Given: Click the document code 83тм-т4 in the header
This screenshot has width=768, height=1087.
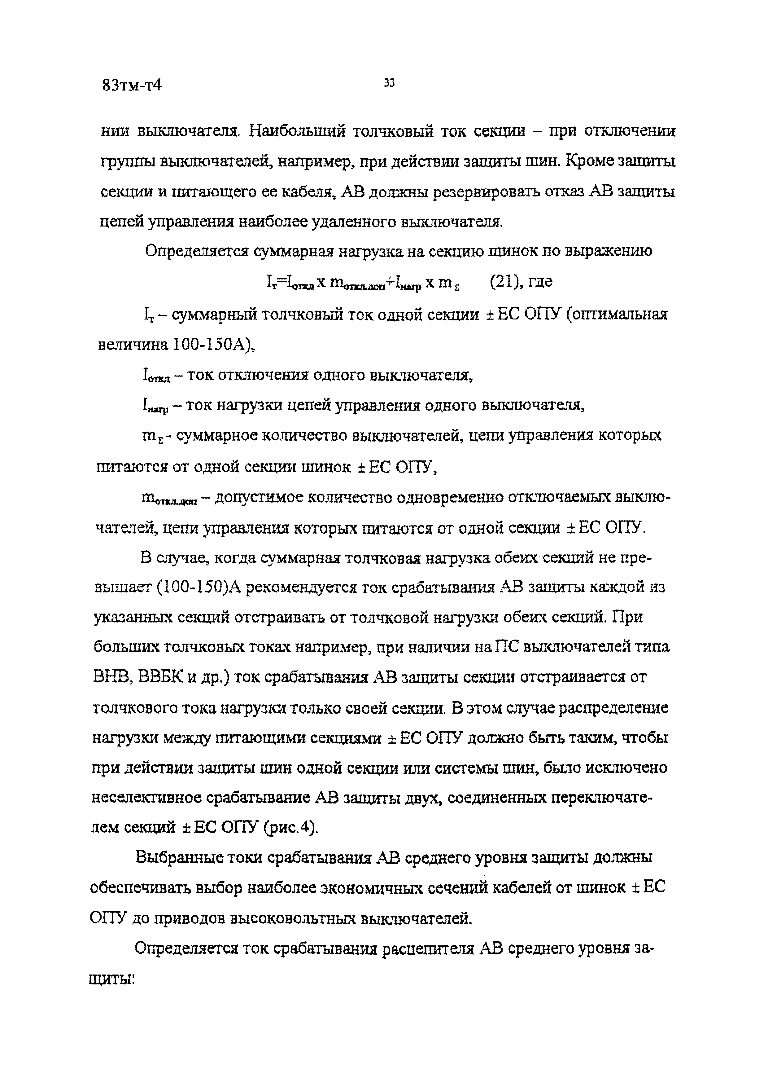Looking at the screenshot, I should coord(132,86).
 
